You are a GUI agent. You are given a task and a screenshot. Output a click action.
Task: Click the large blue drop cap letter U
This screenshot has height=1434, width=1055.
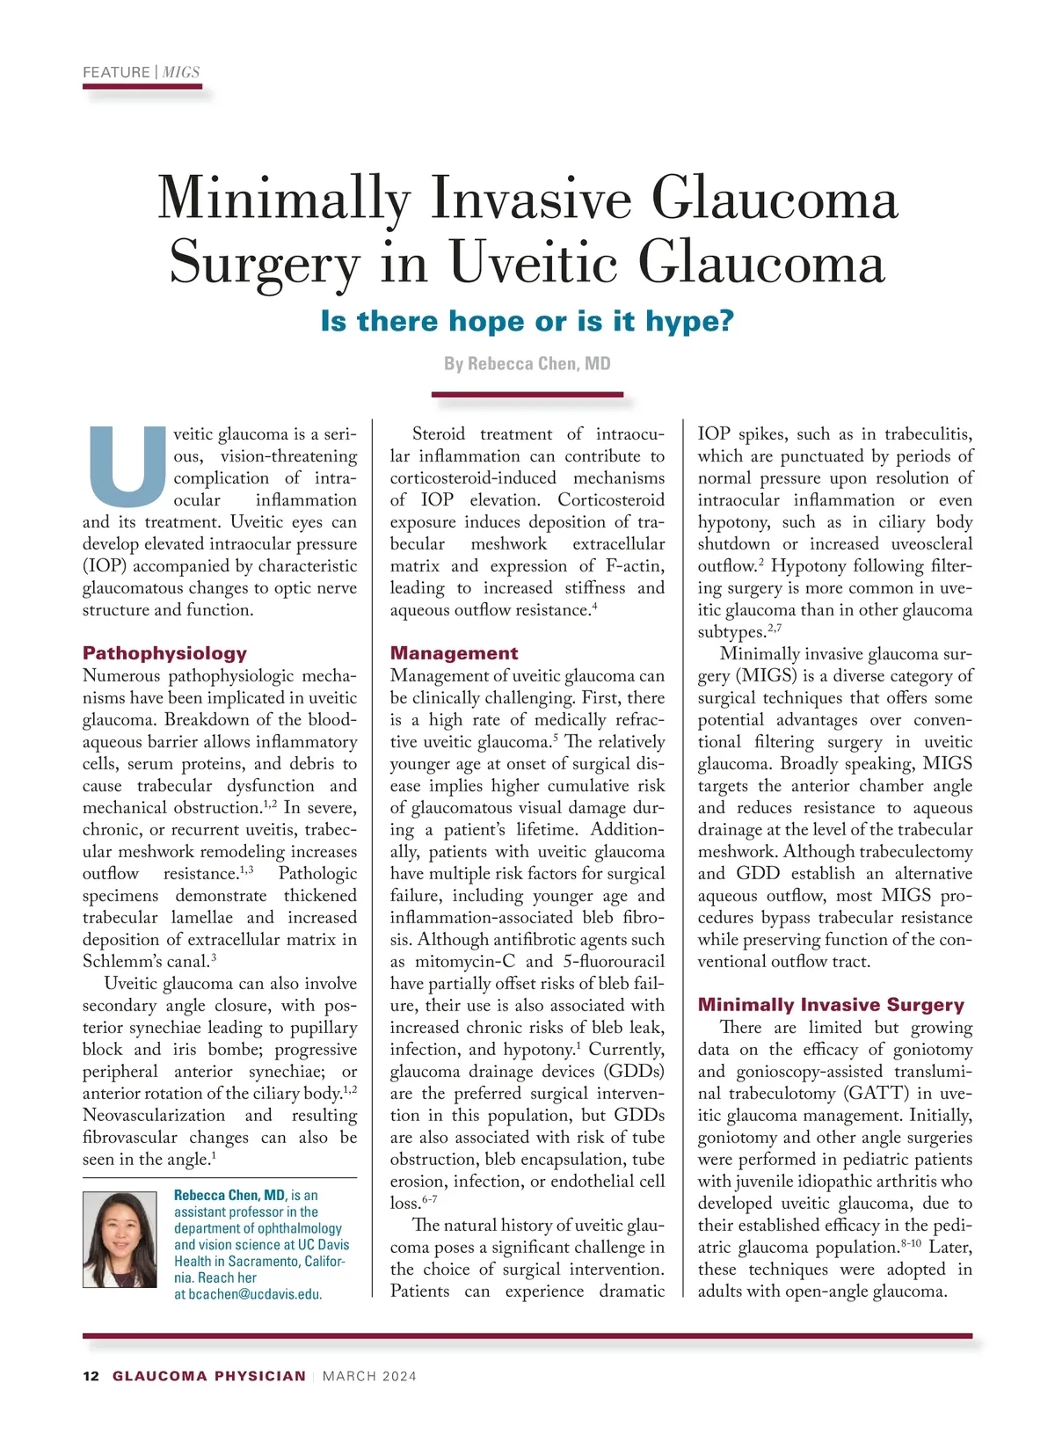(x=127, y=460)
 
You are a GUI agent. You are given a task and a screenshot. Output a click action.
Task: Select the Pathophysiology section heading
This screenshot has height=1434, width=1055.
(x=164, y=653)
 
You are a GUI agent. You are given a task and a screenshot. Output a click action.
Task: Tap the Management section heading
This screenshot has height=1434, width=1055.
(x=454, y=653)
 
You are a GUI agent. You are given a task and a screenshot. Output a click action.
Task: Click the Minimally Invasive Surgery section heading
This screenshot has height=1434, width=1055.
(x=831, y=1005)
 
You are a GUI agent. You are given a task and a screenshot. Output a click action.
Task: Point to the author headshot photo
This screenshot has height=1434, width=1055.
(x=120, y=1240)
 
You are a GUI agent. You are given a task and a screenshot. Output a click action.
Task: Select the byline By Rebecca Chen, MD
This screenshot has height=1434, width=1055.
(x=527, y=364)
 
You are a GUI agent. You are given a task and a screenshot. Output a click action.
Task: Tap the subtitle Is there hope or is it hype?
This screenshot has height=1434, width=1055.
(x=527, y=321)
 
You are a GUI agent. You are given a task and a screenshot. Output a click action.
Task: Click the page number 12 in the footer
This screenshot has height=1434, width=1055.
(x=91, y=1376)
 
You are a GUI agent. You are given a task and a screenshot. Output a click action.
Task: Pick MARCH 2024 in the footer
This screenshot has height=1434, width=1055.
(x=369, y=1376)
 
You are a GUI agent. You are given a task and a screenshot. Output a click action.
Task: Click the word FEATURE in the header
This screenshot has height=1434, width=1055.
(x=116, y=72)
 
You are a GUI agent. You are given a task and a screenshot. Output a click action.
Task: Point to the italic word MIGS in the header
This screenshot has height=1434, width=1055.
(x=181, y=72)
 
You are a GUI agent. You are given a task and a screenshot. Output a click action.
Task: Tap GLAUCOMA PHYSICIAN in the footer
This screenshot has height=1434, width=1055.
(x=209, y=1376)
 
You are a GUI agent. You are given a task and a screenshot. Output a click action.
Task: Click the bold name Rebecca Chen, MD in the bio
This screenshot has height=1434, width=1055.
(x=229, y=1195)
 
